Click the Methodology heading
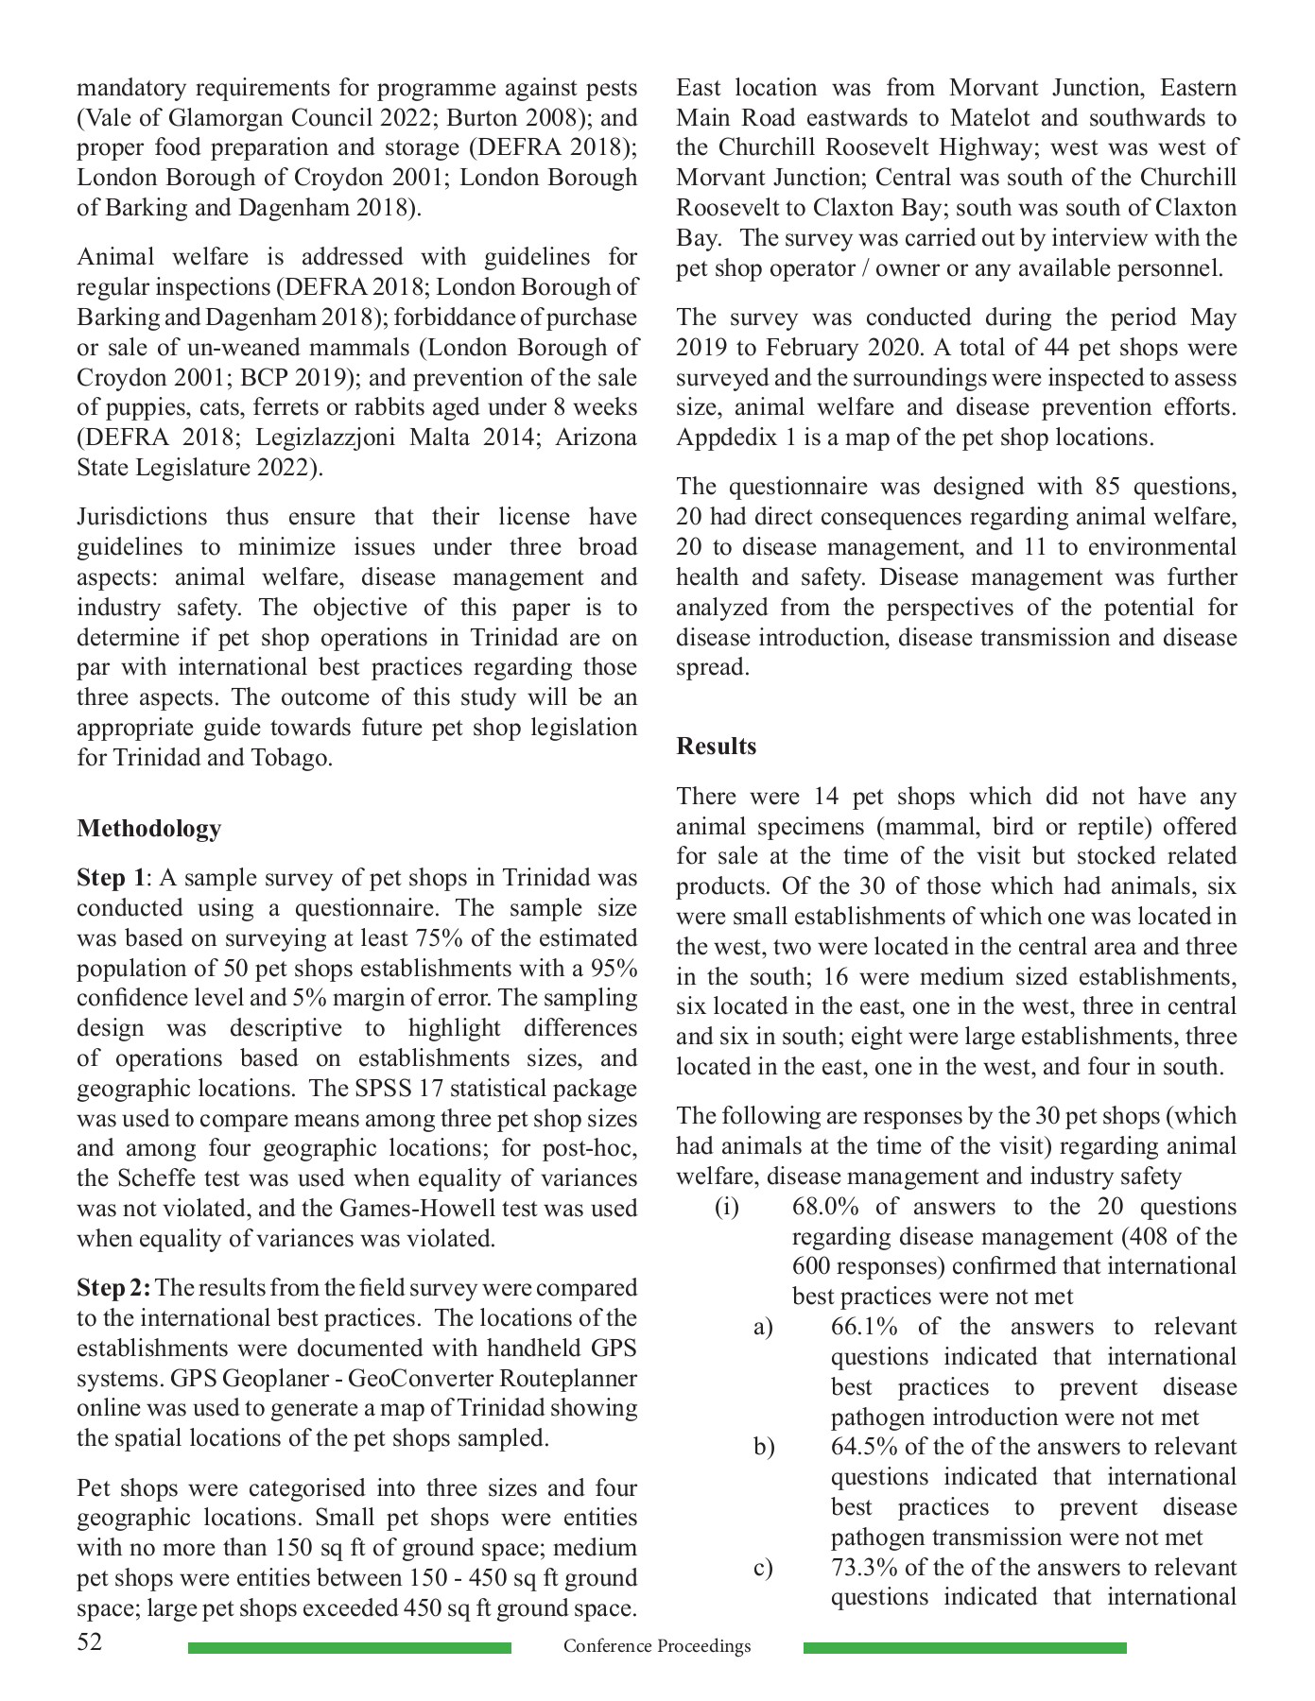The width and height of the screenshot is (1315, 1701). click(148, 829)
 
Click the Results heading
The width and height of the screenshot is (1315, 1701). click(716, 747)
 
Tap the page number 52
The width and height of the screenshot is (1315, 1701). click(90, 1641)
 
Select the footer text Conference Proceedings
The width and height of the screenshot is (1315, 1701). click(657, 1646)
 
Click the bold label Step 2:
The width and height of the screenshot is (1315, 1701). click(113, 1288)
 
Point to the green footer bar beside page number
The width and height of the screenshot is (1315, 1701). click(349, 1648)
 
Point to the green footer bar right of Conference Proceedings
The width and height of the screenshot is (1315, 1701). click(964, 1648)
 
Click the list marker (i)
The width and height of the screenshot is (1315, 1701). click(726, 1207)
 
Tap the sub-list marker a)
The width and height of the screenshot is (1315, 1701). click(763, 1327)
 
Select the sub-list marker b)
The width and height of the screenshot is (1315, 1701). click(764, 1447)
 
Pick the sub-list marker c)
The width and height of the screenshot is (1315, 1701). click(763, 1568)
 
